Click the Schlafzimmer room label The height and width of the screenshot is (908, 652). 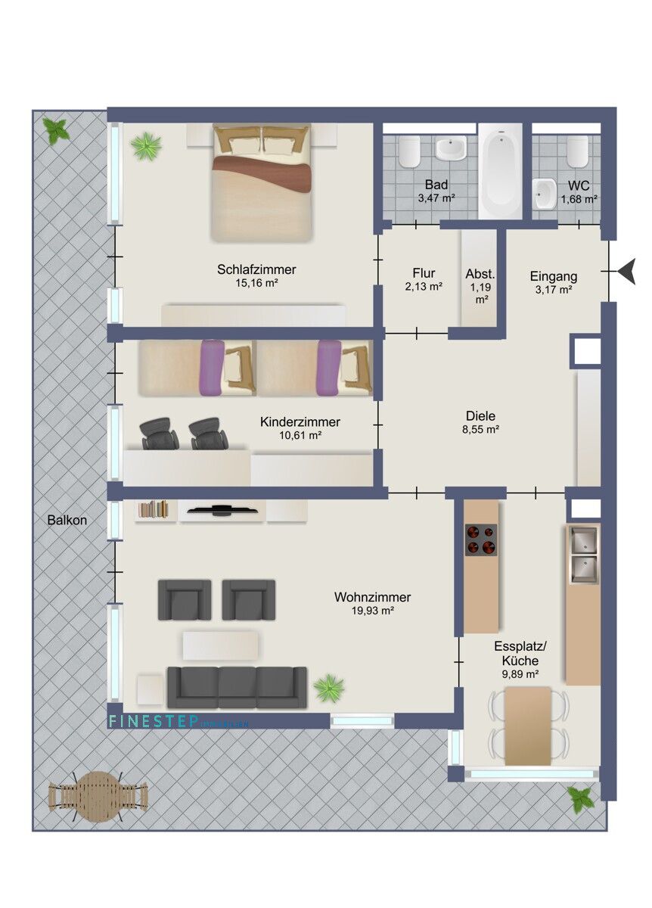(256, 269)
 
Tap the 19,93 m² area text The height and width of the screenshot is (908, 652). (372, 611)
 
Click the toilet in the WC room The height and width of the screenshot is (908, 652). (579, 151)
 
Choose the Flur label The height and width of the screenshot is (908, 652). (424, 273)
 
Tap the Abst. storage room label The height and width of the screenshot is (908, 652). (480, 274)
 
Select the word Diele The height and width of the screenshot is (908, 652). (480, 415)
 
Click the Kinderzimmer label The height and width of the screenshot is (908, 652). (300, 422)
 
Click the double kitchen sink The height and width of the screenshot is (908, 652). (582, 555)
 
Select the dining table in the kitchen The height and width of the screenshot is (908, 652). (528, 726)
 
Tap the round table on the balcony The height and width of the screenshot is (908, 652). (98, 796)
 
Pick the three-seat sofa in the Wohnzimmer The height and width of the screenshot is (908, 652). (237, 687)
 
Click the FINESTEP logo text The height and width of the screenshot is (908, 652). (154, 722)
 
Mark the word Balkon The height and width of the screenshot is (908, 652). (67, 521)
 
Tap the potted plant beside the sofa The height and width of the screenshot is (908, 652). (329, 688)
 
